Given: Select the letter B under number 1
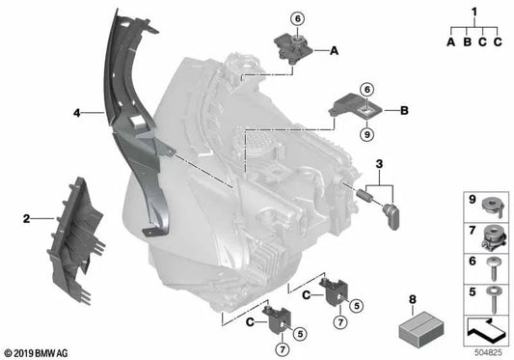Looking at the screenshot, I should (466, 42).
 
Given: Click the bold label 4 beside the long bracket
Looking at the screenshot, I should (76, 113).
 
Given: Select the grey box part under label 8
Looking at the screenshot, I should (420, 330).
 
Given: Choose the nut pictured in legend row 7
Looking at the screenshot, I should (492, 234).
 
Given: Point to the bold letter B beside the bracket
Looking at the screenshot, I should (404, 111).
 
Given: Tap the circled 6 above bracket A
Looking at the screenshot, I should (298, 17).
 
